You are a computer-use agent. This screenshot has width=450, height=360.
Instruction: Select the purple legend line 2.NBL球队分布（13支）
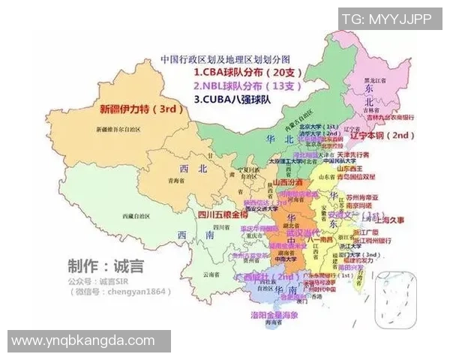(x=246, y=85)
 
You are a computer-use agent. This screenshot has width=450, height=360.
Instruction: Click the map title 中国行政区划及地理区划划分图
(x=225, y=58)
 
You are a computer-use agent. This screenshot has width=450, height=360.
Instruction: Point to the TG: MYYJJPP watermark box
(x=386, y=19)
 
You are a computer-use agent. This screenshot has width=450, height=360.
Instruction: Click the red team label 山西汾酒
(x=287, y=182)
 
